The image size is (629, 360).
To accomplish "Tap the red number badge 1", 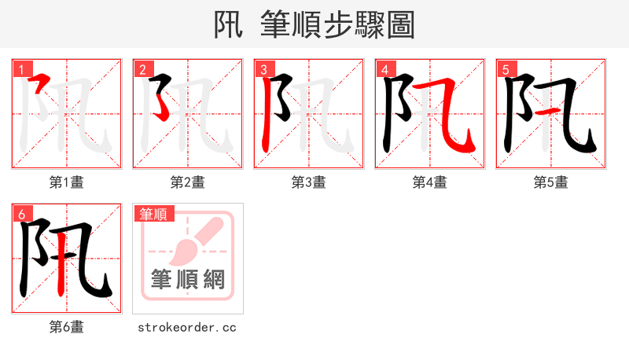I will point(20,69).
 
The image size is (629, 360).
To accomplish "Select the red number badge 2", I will point(142,69).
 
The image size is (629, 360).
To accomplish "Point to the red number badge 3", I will point(263,69).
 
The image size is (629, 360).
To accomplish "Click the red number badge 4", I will point(384,69).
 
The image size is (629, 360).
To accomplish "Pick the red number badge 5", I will point(505,69).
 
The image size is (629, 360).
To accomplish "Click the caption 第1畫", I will point(67,182).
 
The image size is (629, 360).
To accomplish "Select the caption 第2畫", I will point(188,182).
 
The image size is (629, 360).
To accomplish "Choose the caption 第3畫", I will point(309,182).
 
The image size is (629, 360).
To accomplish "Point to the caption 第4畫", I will point(430,182).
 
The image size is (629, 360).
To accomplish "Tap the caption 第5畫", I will point(551,182).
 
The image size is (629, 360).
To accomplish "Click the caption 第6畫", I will point(67,327).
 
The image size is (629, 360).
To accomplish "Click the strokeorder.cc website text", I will point(187,327).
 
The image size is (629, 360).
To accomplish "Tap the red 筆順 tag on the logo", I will point(154,214).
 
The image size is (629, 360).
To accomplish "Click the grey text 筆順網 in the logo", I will point(188,278).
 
